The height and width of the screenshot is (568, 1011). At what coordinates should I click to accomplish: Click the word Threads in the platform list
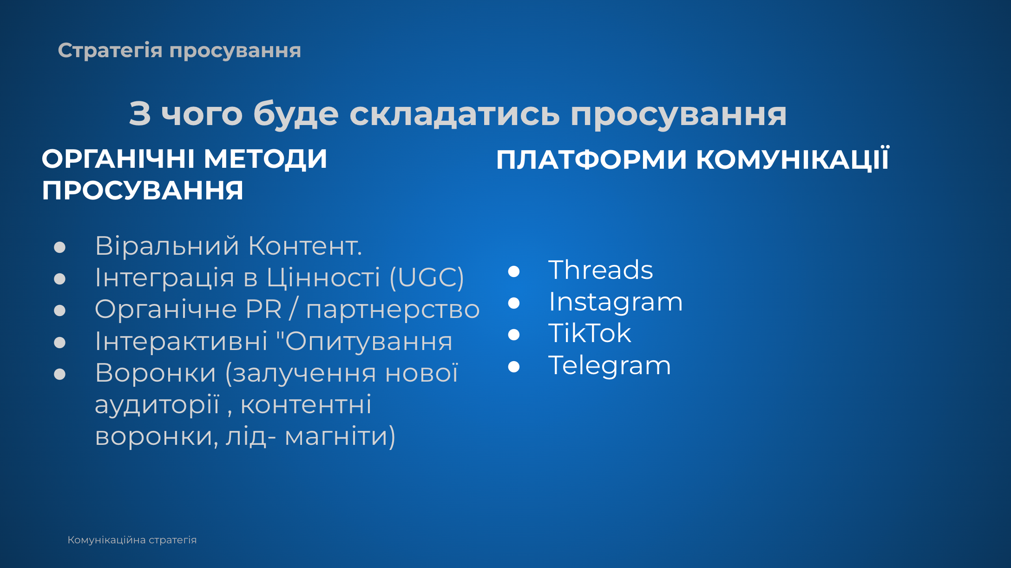tap(600, 270)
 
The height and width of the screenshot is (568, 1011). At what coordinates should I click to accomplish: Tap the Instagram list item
tap(616, 303)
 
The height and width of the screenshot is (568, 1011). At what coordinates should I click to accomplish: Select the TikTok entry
tap(590, 333)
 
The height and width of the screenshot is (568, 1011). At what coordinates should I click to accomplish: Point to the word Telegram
tap(610, 366)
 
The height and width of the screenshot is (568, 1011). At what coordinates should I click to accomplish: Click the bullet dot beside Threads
tap(514, 271)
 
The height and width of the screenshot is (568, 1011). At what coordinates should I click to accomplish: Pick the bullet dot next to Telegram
tap(514, 367)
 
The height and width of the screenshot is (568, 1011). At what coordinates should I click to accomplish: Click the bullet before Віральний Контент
tap(59, 247)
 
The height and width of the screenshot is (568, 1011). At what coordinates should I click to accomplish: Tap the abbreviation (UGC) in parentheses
tap(427, 278)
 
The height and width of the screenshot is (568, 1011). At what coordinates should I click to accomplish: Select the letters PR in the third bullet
tap(263, 309)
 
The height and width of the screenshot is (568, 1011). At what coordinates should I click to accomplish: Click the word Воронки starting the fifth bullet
tap(156, 373)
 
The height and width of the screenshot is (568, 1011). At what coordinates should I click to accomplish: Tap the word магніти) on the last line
tap(340, 437)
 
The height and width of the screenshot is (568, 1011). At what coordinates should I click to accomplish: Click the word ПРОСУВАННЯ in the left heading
tap(143, 191)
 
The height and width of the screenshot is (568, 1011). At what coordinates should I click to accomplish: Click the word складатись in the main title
tap(454, 114)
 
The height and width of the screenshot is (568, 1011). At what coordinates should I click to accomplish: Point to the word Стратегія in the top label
tap(110, 51)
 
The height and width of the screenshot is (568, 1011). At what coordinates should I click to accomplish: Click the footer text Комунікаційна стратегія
tap(132, 540)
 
